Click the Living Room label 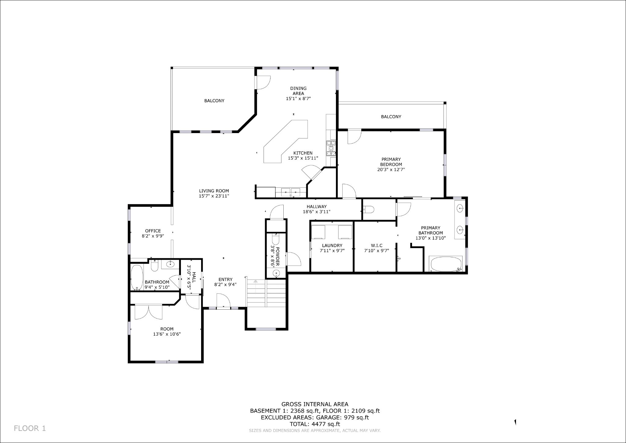tap(214, 191)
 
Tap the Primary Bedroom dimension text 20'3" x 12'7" tap(391, 169)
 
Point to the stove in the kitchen tap(331, 148)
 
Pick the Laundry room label tap(332, 245)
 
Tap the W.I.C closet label tap(377, 245)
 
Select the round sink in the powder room tap(276, 273)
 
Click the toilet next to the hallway tap(368, 210)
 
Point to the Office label tap(153, 231)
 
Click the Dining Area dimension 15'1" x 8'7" tap(298, 99)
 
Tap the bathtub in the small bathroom tap(137, 277)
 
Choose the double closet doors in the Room tap(149, 312)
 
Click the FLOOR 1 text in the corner tap(30, 428)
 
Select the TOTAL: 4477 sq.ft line tap(315, 424)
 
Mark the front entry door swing tap(222, 301)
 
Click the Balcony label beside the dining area tap(214, 101)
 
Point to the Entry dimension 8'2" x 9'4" tap(226, 285)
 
